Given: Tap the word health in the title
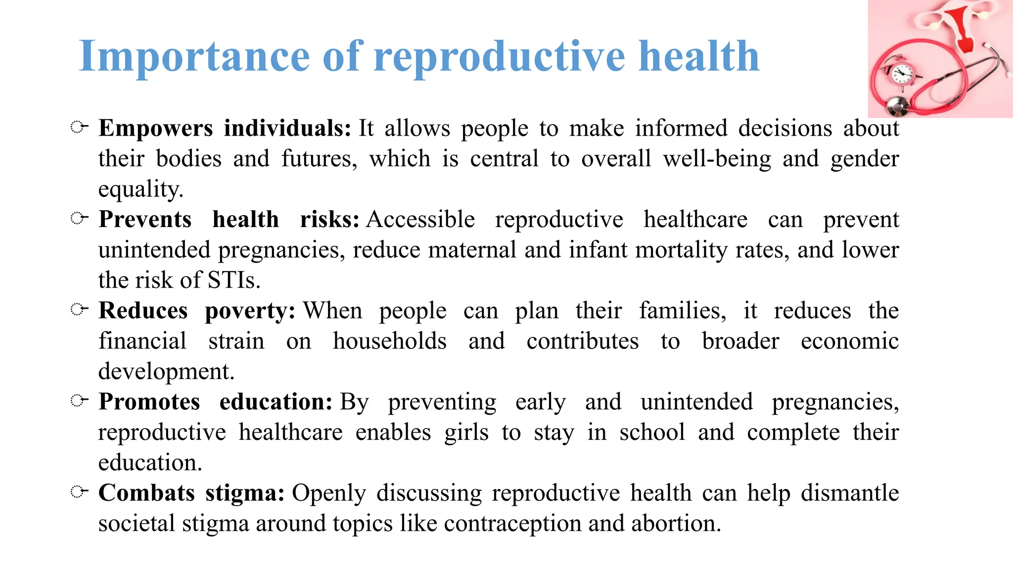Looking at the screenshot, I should coord(698,56).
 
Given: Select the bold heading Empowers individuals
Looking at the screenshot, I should coord(225,128).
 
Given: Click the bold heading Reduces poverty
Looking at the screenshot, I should coord(196,311).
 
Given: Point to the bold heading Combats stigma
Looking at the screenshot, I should coord(191,493).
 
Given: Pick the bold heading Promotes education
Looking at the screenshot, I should coord(215,402).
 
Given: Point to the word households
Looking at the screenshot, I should coord(390,341).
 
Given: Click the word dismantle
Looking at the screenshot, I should coord(849,493).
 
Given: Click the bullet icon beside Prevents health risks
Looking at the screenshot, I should coord(79,218).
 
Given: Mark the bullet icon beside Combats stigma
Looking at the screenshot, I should coord(79,491).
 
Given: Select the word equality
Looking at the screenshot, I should coord(140,190).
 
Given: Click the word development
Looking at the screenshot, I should coord(166,372).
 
